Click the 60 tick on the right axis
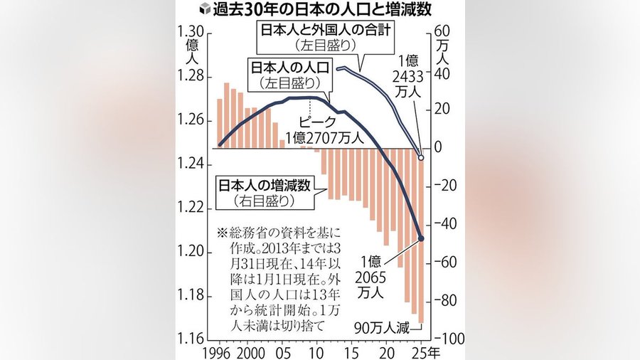click(x=442, y=32)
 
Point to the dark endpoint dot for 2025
click(x=421, y=238)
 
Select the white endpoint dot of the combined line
click(x=421, y=158)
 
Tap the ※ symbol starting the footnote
click(x=222, y=233)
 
